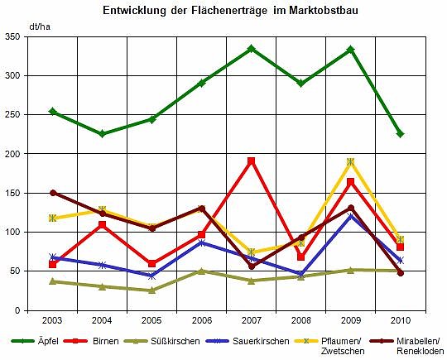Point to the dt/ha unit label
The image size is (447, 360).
[x=38, y=26]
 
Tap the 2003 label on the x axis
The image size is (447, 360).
[x=53, y=319]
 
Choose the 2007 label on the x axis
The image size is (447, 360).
[x=252, y=319]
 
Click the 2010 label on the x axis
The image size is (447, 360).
[x=400, y=319]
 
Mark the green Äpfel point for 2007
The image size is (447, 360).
[x=252, y=49]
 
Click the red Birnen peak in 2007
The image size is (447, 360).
[x=252, y=161]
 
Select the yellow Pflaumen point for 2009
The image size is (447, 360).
[x=351, y=162]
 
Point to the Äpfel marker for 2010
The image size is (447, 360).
[x=400, y=134]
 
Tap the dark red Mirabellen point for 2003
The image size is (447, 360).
[x=53, y=193]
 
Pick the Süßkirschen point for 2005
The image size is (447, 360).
[x=152, y=290]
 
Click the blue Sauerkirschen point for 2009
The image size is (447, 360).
[x=351, y=216]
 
